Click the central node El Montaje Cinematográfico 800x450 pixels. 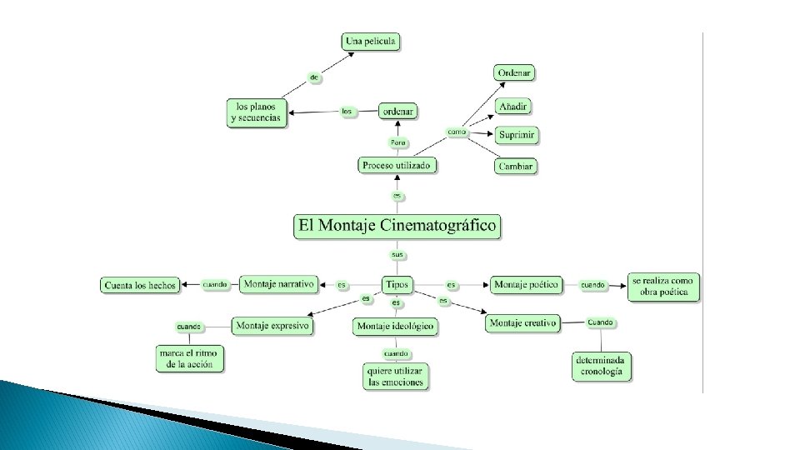click(x=397, y=225)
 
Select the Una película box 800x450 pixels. click(x=371, y=41)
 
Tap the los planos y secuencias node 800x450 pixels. click(x=256, y=112)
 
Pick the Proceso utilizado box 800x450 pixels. click(x=397, y=165)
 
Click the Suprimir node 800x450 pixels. click(x=517, y=135)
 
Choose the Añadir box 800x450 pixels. click(x=513, y=106)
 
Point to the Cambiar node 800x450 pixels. click(x=515, y=166)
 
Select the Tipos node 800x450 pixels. click(x=396, y=284)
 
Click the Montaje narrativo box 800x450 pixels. click(x=279, y=284)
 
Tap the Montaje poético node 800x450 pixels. click(x=525, y=285)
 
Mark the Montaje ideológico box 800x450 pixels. click(x=396, y=327)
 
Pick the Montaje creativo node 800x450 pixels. click(x=522, y=323)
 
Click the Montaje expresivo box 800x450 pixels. click(x=272, y=325)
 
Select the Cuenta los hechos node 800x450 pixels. click(x=140, y=285)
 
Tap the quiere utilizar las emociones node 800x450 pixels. click(x=396, y=376)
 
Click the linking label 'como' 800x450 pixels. click(x=456, y=132)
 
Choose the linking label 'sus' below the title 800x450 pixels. click(x=397, y=253)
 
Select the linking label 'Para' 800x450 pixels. click(x=398, y=142)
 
